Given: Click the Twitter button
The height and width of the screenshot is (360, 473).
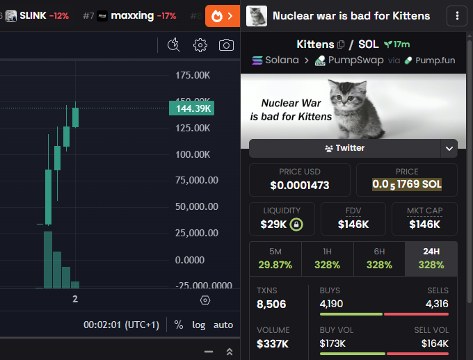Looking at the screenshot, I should pos(344,148).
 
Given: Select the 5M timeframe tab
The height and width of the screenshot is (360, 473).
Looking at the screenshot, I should pos(275,259).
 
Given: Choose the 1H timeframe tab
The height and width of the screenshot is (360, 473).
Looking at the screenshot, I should pos(327,259).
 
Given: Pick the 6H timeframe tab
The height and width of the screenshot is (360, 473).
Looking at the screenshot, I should pos(379,259).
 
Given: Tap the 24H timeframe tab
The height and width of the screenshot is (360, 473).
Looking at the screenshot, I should pos(431,259).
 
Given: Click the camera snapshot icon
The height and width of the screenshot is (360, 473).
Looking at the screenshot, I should pos(226,45).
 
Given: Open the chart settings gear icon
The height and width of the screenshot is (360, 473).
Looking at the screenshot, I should pos(200,45).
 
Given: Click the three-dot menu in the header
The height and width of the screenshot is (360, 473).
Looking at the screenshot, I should pos(456,16).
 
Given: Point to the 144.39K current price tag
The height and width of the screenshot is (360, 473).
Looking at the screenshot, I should pos(191,108).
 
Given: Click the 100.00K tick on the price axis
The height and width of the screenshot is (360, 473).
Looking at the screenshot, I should pos(194,154).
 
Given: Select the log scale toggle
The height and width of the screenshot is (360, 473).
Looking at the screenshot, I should pos(199,325).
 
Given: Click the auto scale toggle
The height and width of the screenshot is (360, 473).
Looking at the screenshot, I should pos(223,325).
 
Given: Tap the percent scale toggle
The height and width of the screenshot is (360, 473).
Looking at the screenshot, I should pos(179,325).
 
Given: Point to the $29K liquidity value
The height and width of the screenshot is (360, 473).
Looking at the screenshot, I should pos(275,224).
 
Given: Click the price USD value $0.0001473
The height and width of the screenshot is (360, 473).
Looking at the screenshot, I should pos(300,185).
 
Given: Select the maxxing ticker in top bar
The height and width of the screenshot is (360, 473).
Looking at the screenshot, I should pos(132,15).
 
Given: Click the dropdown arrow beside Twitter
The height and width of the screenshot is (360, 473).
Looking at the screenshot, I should pos(449,148).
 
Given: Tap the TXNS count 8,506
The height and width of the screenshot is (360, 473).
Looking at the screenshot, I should pos(271,304).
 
